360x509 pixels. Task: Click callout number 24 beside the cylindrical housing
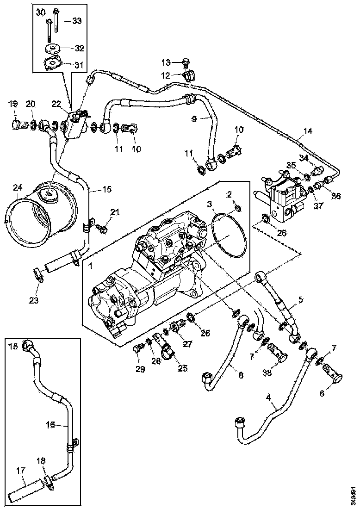pyautogui.click(x=17, y=188)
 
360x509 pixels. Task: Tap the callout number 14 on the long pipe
pyautogui.click(x=308, y=131)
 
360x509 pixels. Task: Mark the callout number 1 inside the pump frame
pyautogui.click(x=91, y=267)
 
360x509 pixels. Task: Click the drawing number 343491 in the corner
pyautogui.click(x=354, y=492)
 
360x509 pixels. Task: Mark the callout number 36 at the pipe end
pyautogui.click(x=335, y=196)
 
